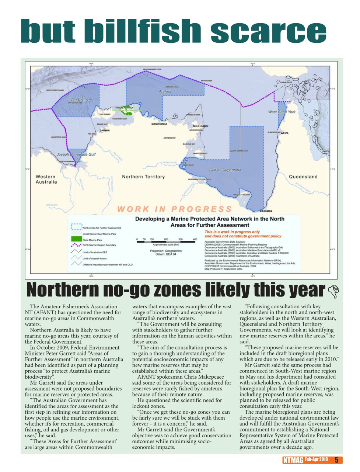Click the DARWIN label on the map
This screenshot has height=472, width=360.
[104, 130]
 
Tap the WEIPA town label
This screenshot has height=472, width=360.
[284, 133]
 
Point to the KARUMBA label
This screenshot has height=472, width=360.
[266, 211]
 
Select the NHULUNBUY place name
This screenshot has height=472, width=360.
[200, 126]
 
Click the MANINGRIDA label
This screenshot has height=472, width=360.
[159, 124]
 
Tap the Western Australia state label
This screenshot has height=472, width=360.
[46, 179]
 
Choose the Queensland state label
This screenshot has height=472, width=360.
[303, 177]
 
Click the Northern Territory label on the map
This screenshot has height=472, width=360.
[143, 177]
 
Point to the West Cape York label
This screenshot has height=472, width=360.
[282, 112]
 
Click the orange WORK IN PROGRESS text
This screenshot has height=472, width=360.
[174, 209]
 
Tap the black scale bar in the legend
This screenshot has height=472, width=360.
[167, 242]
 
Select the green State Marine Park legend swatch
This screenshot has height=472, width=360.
[76, 240]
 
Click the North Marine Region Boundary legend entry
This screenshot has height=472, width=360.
[99, 245]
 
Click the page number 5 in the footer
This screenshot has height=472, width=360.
[336, 460]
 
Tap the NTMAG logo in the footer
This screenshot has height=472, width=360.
[293, 460]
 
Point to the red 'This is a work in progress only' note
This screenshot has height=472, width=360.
[232, 232]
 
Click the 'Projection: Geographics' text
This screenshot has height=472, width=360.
[166, 251]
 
